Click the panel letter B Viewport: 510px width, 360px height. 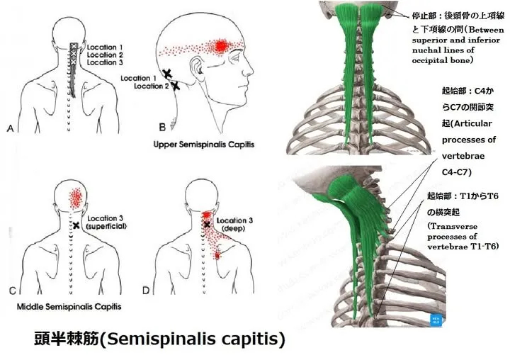[x=161, y=128]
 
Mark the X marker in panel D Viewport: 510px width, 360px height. [x=207, y=225]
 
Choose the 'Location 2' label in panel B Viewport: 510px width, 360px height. [x=151, y=86]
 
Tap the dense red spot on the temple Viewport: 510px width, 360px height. [x=220, y=47]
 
